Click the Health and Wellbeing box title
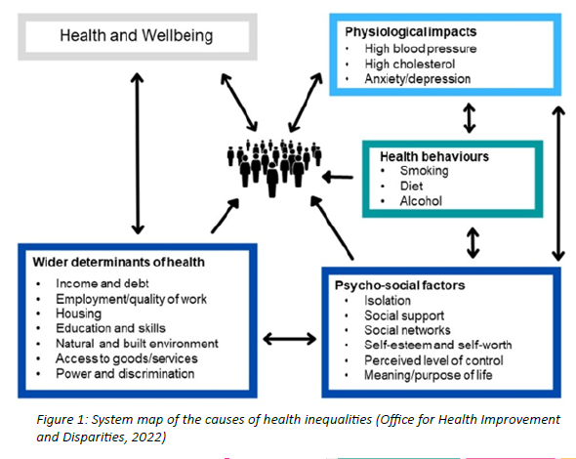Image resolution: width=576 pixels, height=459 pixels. coord(137,36)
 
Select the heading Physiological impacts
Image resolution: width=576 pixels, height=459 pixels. coord(411,31)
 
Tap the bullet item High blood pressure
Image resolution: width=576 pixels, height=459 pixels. coord(421,49)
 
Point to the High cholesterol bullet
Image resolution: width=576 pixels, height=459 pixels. coord(410,63)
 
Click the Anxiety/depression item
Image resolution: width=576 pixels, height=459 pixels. coord(418,79)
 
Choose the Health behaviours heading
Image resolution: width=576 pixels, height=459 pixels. coord(434,156)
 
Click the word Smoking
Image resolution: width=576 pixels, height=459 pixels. coord(425,171)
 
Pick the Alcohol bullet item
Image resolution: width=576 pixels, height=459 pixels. coord(421,201)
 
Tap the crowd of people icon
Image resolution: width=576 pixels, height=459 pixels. coord(274,167)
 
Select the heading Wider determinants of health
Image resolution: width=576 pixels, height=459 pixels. coord(119,262)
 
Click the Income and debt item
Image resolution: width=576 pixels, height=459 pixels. coord(103,283)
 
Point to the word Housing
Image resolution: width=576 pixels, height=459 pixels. coord(79,313)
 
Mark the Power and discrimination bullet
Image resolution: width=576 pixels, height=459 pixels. coord(125,374)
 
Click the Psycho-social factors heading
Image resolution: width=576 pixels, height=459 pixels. coord(399,285)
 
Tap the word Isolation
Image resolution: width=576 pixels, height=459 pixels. coord(388,301)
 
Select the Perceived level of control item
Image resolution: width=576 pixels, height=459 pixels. coord(433,360)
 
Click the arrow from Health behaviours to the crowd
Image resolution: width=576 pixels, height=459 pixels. coord(338,177)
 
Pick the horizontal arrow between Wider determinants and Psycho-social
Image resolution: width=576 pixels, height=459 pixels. coord(290,339)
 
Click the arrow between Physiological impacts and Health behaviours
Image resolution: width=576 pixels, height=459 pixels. coord(470,117)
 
